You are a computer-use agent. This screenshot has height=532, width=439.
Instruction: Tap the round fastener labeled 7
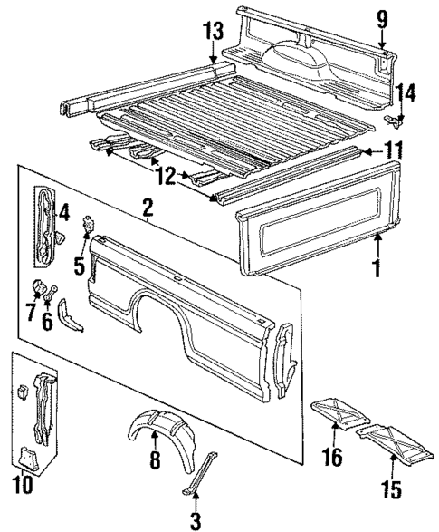pos(39,290)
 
